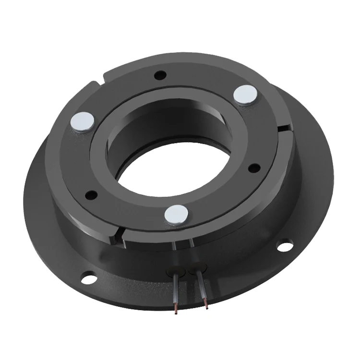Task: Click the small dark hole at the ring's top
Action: pyautogui.click(x=160, y=75)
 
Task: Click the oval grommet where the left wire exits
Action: pyautogui.click(x=176, y=270)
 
